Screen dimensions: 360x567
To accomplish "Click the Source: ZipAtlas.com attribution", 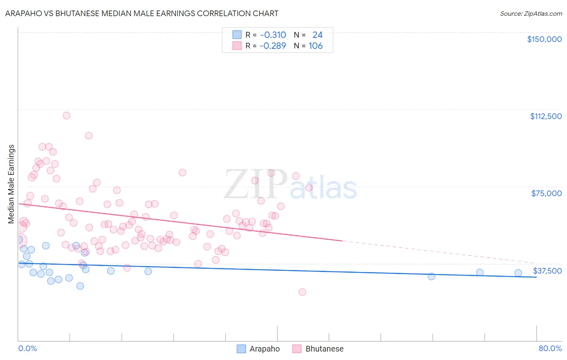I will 531,13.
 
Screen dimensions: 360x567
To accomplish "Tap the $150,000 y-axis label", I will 544,39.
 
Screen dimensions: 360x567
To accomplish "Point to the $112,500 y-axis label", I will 546,116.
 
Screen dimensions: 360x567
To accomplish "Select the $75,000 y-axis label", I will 546,193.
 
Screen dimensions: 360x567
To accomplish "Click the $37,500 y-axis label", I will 547,271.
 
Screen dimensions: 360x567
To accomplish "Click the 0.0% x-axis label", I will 27,348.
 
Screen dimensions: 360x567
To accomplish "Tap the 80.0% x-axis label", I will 550,348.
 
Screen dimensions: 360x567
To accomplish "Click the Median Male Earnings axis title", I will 11,184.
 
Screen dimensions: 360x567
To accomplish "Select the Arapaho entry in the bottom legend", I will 264,349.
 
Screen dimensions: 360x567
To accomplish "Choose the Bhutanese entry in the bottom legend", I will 324,349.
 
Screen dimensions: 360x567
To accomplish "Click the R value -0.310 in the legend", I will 273,35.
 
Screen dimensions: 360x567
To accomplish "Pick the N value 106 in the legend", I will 316,46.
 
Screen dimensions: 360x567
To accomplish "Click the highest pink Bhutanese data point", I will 67,115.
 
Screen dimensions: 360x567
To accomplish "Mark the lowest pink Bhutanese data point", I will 302,292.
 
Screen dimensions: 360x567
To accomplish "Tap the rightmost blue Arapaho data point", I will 518,273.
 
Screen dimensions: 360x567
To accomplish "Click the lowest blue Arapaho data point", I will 80,286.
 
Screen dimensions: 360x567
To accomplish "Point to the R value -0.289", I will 273,46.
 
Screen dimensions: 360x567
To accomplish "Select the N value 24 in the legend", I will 317,35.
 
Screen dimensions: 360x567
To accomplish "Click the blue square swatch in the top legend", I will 237,35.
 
